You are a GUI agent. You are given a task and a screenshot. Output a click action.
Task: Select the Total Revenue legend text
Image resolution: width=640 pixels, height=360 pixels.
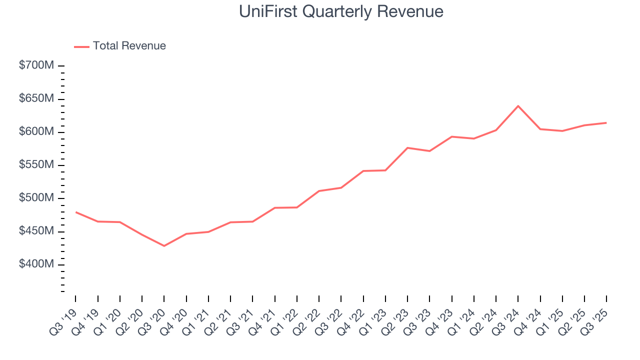coord(129,46)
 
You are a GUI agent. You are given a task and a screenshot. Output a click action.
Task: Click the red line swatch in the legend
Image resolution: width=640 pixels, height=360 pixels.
coord(81,46)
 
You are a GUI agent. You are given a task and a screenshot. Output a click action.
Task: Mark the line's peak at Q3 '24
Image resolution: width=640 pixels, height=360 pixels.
coord(518,106)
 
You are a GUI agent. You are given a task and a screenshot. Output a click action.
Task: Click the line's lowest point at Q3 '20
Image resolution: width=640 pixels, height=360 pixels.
coord(164,245)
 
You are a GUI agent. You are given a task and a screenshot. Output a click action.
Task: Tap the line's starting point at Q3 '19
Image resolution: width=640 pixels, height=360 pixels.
coord(76,212)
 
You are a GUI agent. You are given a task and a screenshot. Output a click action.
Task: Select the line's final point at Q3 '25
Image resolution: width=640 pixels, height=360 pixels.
coord(606,123)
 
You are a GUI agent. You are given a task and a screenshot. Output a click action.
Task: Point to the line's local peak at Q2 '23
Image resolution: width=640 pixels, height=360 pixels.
coord(407,148)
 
